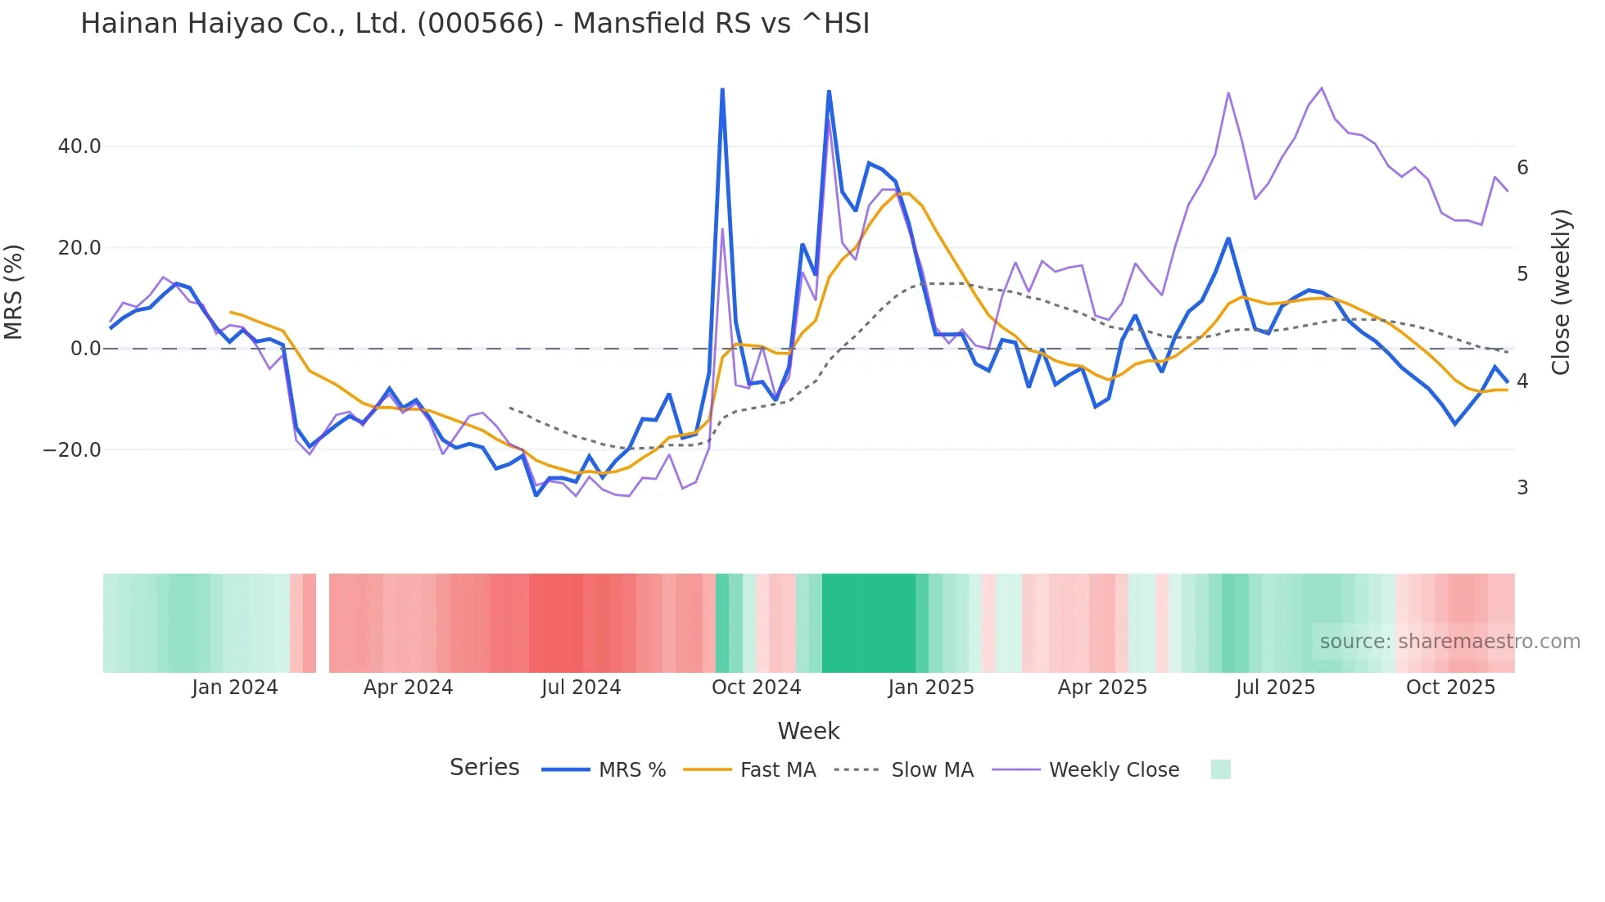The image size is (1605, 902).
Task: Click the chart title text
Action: coord(475,24)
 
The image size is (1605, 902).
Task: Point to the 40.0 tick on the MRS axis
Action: coord(79,147)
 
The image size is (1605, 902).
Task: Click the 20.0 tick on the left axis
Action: coord(79,248)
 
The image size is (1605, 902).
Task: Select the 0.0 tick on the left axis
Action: coord(85,349)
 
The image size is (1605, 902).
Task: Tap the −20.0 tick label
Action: coord(72,450)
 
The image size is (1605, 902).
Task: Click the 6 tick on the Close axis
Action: coord(1522,168)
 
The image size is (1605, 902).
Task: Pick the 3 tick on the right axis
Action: coord(1522,488)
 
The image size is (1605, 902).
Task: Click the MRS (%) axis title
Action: coord(14,292)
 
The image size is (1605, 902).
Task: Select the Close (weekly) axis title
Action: coord(1561,292)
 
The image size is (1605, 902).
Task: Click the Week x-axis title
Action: coord(808,731)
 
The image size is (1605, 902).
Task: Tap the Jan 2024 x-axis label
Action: coord(235,688)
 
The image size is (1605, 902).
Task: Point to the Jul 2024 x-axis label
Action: coord(581,688)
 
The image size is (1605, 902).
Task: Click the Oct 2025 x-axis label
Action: coord(1450,688)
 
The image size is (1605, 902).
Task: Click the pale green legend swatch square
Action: coord(1220,769)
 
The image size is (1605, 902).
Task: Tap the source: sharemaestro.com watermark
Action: coord(1449,642)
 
